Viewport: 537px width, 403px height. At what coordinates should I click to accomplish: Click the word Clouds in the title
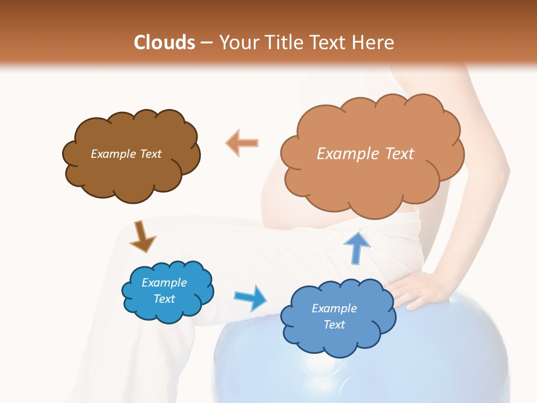[164, 43]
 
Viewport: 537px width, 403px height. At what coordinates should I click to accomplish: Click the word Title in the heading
[284, 43]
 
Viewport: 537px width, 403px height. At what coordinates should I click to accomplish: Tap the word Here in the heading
[375, 43]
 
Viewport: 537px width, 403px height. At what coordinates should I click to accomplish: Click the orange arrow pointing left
[242, 143]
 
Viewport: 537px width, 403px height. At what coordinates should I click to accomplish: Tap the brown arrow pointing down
[142, 236]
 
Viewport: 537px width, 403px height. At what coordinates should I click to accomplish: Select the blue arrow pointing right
[251, 297]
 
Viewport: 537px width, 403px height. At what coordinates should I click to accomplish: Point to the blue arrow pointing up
[357, 247]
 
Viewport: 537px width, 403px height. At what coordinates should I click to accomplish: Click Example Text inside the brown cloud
[126, 154]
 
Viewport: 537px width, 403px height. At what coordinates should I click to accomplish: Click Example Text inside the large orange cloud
[365, 153]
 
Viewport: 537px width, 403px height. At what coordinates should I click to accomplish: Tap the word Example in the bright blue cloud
[164, 283]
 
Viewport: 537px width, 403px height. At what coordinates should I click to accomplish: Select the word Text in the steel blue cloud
[334, 325]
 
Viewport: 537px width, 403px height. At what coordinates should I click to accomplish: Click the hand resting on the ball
[417, 288]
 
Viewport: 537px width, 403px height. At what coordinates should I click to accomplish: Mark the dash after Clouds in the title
[206, 43]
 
